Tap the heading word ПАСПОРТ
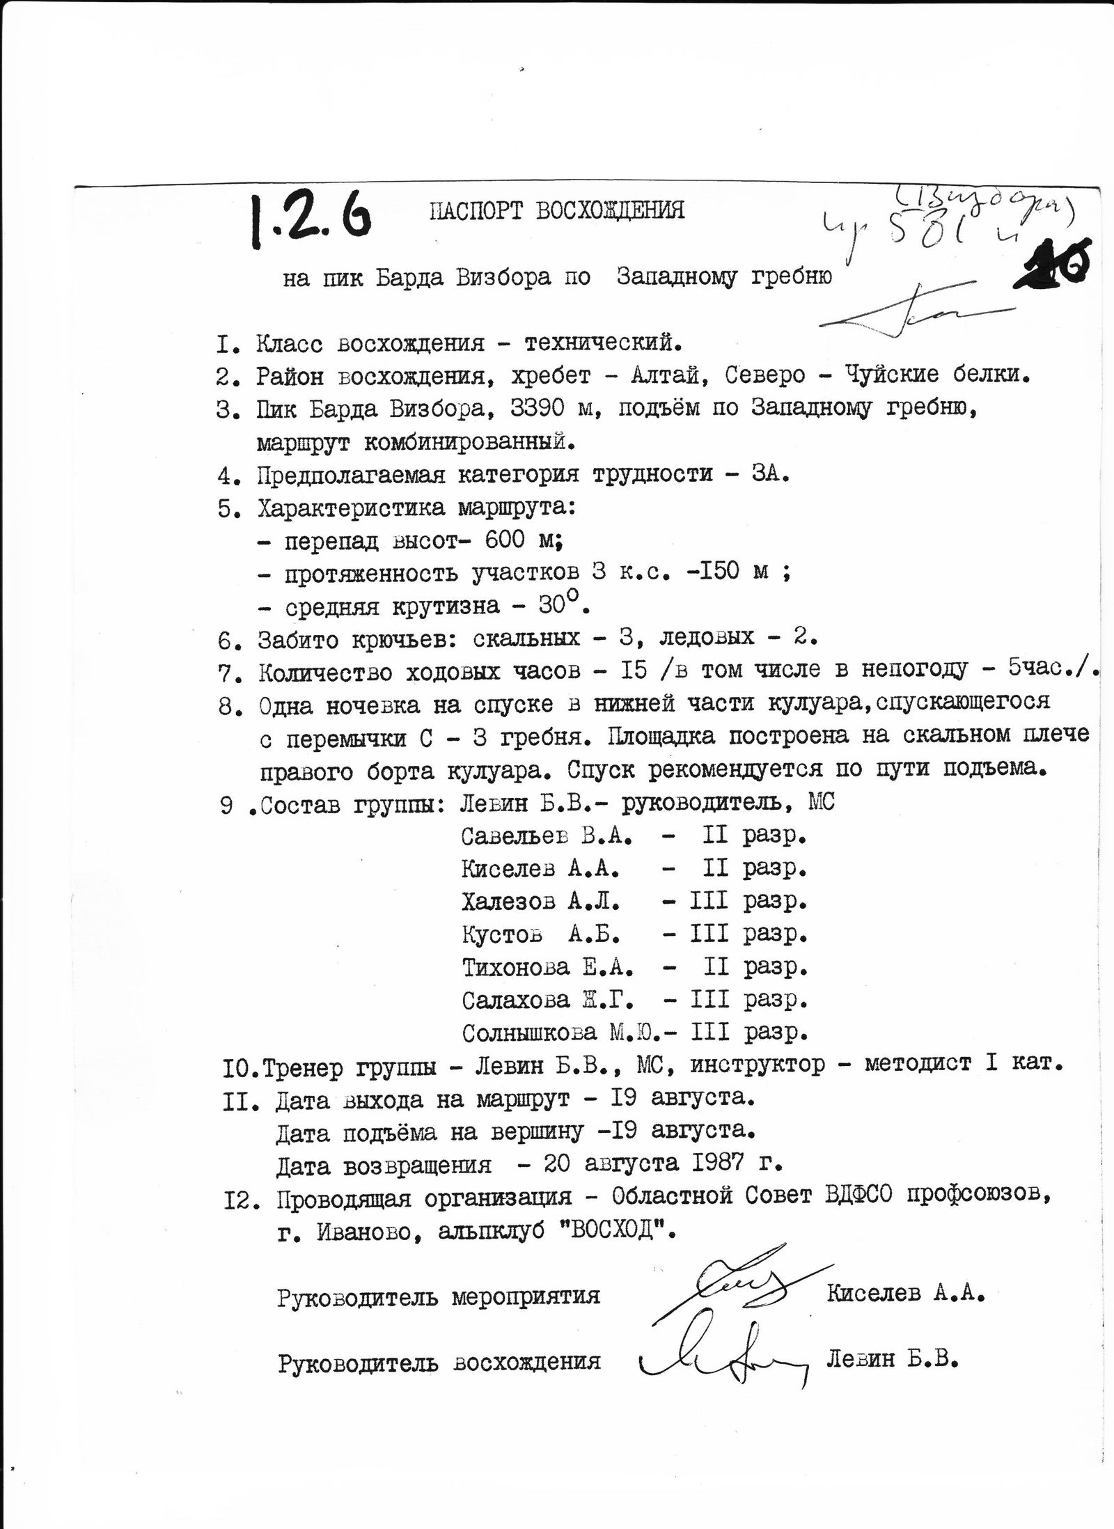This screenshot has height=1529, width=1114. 475,210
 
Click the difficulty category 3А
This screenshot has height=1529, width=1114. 769,475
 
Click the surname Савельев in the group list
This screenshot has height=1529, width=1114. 515,836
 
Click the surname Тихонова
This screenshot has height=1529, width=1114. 516,967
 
